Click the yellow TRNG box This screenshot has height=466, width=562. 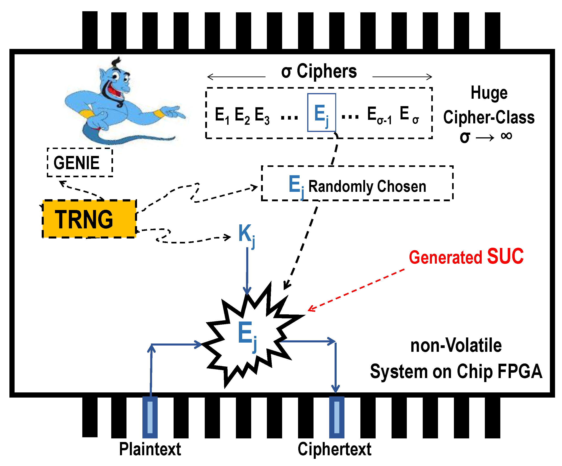coord(89,219)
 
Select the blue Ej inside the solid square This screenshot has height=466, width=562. coord(321,114)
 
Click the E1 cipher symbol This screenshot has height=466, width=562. coord(222,115)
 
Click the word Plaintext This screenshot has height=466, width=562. coord(150,449)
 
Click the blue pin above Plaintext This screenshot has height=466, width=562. coord(150,417)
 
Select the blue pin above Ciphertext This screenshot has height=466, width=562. coord(337,417)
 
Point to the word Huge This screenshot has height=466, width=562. coord(489,93)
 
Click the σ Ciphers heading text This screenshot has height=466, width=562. coord(319,72)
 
